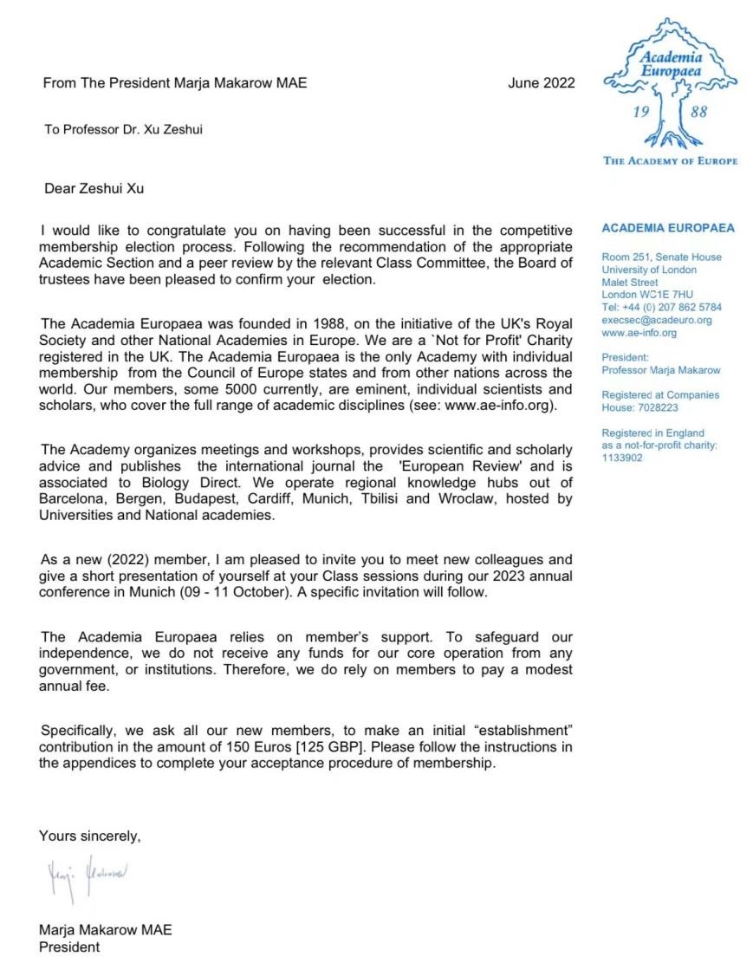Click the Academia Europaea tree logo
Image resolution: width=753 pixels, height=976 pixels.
click(670, 87)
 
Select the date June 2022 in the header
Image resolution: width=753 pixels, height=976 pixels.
click(541, 83)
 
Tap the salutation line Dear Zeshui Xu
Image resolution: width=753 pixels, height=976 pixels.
click(94, 188)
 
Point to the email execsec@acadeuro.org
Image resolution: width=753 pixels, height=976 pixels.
click(656, 320)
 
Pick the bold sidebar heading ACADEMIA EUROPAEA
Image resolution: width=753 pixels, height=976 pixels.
click(667, 229)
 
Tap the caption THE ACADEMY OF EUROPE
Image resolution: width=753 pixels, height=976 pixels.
click(670, 161)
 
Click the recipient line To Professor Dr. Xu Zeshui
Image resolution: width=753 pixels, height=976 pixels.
click(123, 130)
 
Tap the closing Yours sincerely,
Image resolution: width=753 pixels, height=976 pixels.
click(89, 836)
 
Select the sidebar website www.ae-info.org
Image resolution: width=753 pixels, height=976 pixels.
click(639, 333)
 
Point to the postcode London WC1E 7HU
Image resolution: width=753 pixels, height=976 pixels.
click(647, 295)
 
